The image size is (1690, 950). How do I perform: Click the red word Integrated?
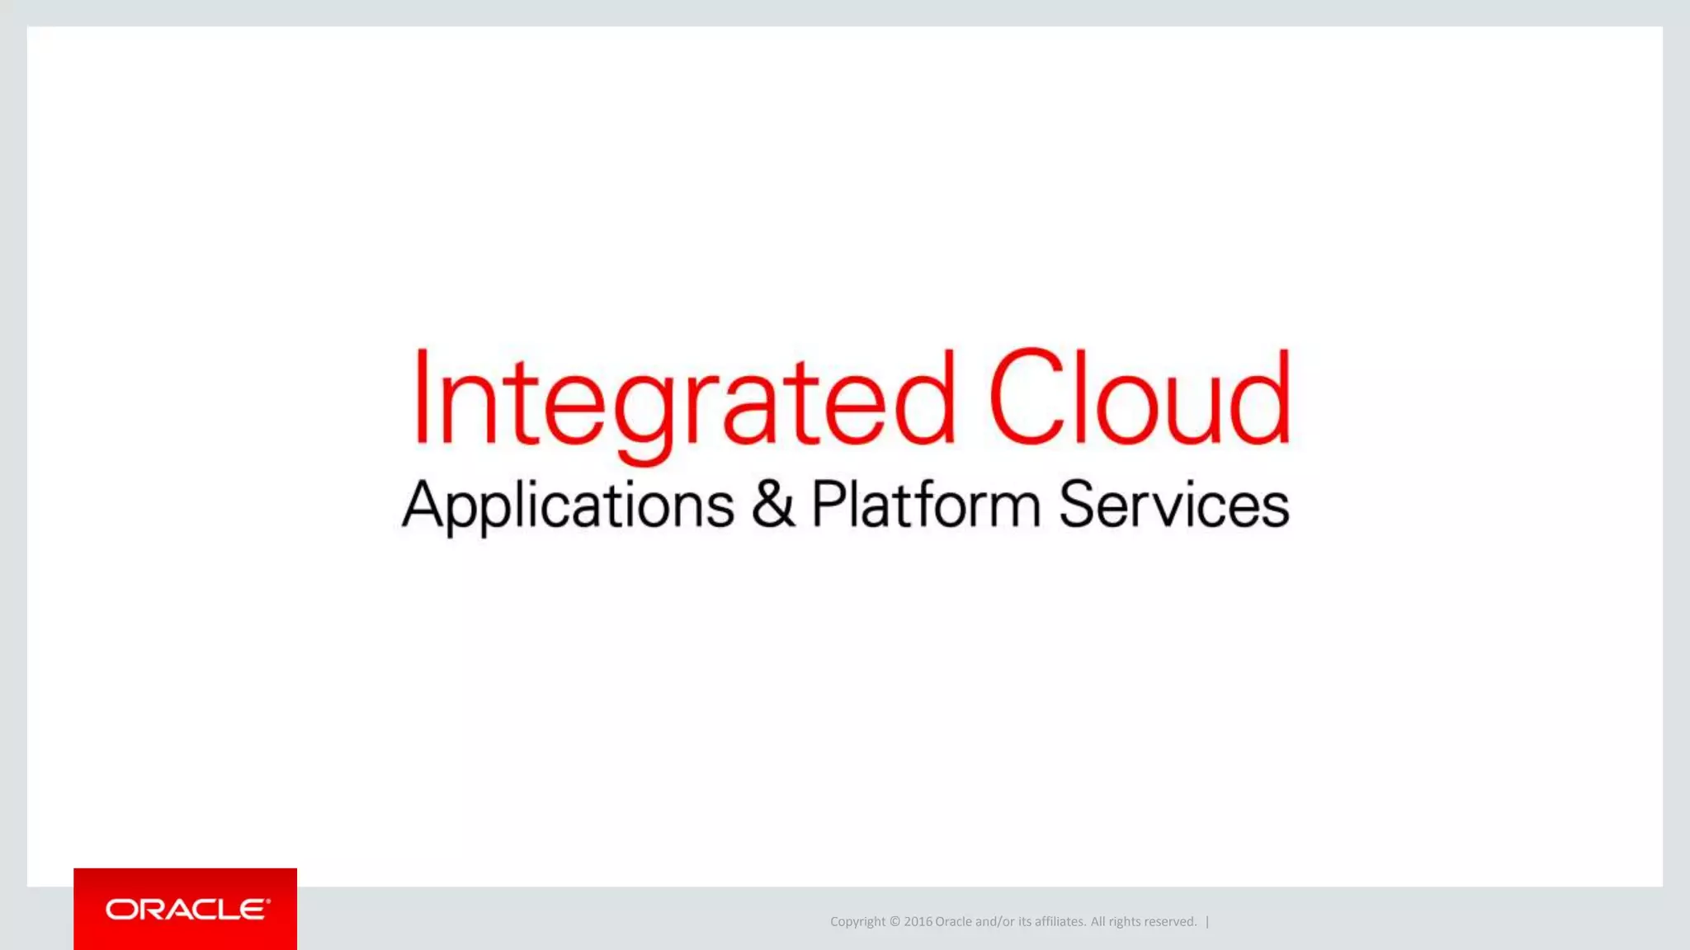point(683,399)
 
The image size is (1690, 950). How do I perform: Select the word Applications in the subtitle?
point(568,505)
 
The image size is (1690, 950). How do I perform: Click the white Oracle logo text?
point(187,910)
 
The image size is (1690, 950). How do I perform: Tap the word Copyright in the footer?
point(857,922)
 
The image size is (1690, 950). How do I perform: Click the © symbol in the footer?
point(895,922)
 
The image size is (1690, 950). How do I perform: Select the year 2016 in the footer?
point(918,922)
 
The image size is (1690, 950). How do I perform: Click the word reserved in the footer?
point(1170,922)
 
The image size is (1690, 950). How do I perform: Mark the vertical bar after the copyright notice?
point(1207,922)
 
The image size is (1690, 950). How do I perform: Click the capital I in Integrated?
point(422,397)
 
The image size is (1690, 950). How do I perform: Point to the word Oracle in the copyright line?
point(953,922)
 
